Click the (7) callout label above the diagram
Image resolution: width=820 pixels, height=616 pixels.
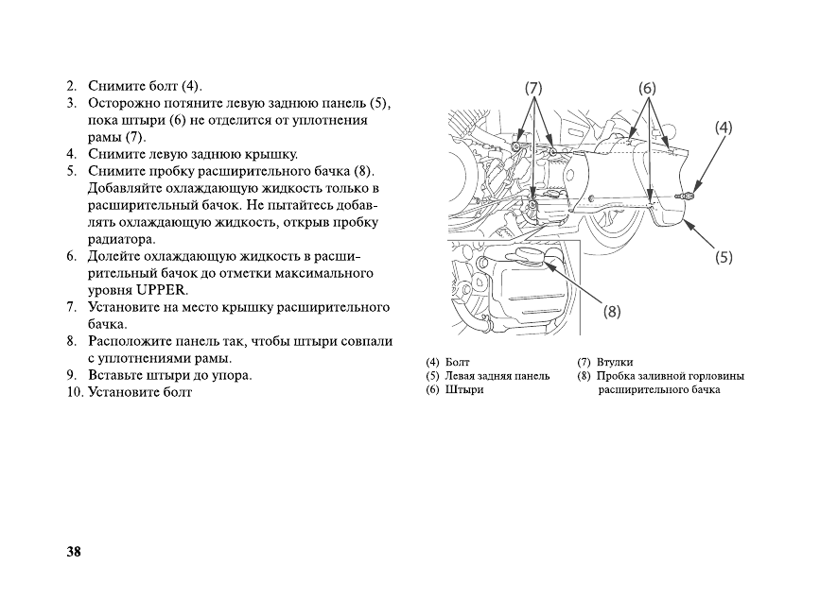tap(533, 88)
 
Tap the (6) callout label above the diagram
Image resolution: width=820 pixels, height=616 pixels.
tap(647, 88)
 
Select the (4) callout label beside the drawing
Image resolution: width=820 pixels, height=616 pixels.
tap(724, 127)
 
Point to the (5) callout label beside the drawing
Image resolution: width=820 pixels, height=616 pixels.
tap(724, 256)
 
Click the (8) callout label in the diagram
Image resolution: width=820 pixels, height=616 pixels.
tap(612, 311)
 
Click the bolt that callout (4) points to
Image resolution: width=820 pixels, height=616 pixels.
tap(687, 196)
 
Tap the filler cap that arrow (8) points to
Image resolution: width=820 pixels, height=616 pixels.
tap(521, 257)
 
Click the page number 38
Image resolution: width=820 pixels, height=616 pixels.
tap(74, 551)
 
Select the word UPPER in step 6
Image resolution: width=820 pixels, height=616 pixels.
tap(162, 290)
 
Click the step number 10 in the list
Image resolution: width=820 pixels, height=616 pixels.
tap(74, 392)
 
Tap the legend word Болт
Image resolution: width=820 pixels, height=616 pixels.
tap(458, 362)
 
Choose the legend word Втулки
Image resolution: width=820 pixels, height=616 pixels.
tap(616, 362)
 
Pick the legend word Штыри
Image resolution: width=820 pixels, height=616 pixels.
tap(464, 390)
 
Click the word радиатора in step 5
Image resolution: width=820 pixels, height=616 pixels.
tap(120, 239)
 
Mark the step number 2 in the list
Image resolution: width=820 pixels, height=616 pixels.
tap(71, 86)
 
